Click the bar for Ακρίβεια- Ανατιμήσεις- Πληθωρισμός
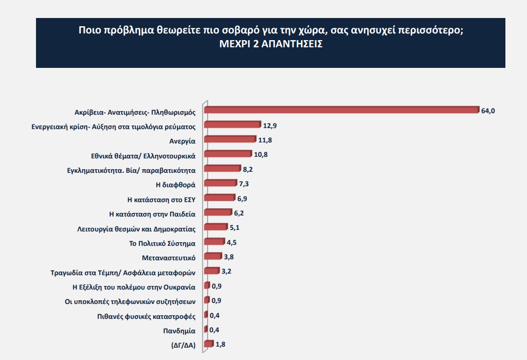[x=341, y=110]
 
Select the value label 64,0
[x=488, y=110]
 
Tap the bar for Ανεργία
[x=230, y=139]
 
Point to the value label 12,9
[x=270, y=125]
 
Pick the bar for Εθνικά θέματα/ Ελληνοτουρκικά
[x=228, y=154]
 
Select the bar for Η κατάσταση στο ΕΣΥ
[x=220, y=197]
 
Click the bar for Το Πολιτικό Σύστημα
[x=214, y=242]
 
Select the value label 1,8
[x=221, y=345]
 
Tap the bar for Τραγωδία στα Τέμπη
[x=212, y=271]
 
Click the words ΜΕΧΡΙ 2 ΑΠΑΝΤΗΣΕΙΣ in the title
[x=270, y=44]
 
